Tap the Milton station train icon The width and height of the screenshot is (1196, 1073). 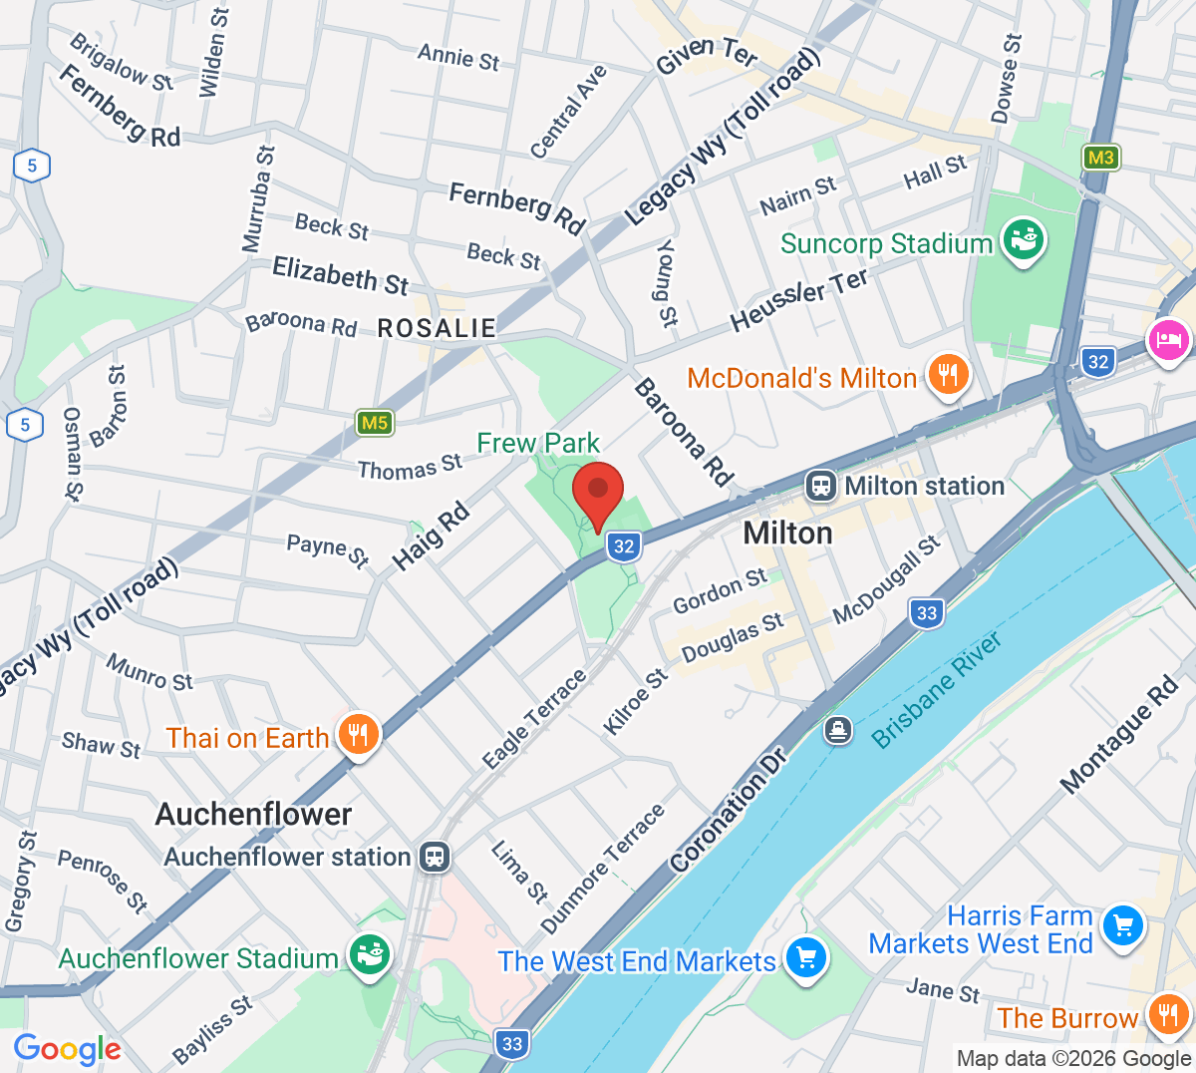point(821,486)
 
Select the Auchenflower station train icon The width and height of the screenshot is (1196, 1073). point(435,857)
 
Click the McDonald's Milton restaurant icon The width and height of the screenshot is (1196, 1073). point(947,375)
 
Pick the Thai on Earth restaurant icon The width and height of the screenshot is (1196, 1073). point(357,735)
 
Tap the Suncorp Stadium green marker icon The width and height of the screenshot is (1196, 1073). point(1023,240)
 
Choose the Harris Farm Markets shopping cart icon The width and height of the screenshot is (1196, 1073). point(1123,926)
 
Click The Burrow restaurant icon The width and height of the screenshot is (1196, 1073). point(1166,1015)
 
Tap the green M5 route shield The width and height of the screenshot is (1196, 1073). point(375,423)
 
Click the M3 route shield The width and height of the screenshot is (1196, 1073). point(1100,158)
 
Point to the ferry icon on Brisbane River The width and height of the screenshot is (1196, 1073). point(838,730)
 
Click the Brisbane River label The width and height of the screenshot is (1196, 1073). point(937,690)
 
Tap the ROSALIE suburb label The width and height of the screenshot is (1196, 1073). point(437,328)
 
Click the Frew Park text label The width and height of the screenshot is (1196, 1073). point(538,443)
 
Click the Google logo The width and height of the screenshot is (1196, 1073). point(67,1049)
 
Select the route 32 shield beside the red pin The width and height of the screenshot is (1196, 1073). point(624,545)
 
